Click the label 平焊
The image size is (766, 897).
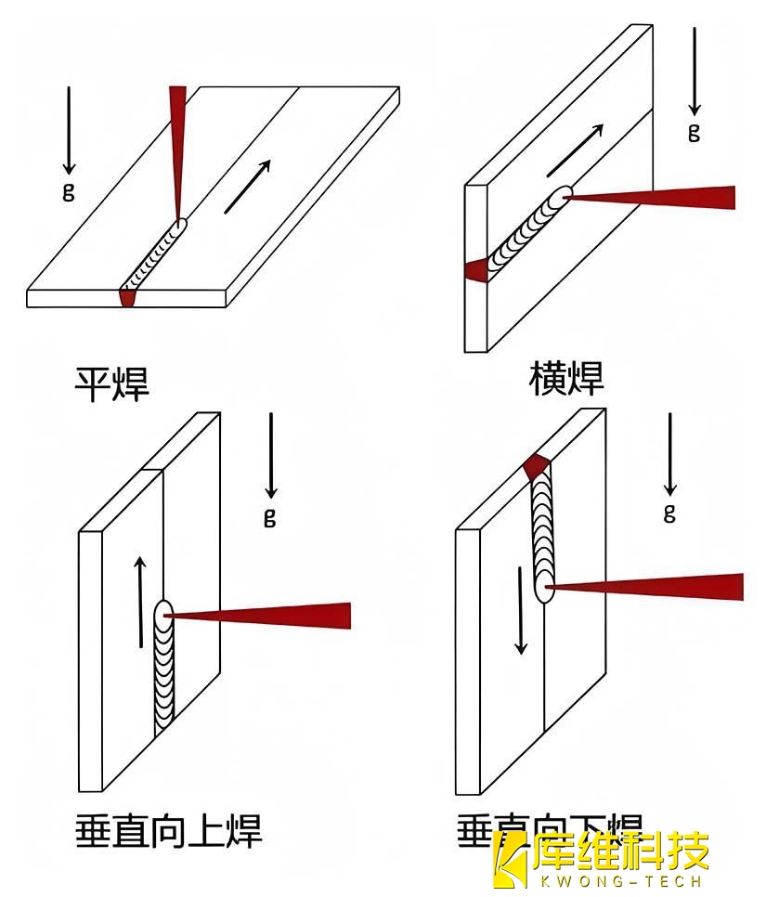point(111,382)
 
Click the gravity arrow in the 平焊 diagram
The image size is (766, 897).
point(69,130)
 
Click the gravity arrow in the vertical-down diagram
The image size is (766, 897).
point(669,455)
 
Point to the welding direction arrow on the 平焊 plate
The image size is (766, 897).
point(247,186)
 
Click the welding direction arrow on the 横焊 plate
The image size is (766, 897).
point(576,149)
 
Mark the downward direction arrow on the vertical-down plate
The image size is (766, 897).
point(521,607)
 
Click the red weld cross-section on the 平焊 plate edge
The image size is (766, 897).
point(127,298)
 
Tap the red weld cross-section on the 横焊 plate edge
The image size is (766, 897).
point(476,271)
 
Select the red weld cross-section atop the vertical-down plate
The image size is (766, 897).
point(538,465)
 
